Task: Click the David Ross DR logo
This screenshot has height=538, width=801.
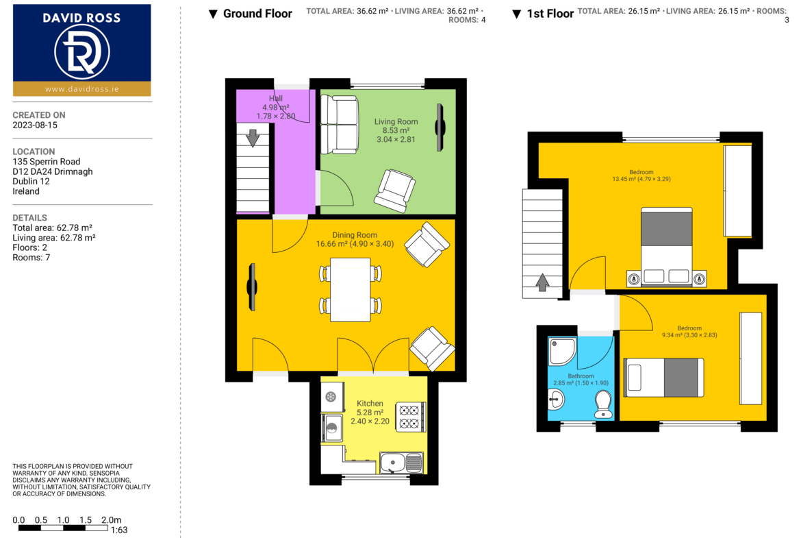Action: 81,51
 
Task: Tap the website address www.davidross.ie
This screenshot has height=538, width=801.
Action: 81,89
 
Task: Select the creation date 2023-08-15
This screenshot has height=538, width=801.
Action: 35,125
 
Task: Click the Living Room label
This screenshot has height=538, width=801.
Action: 396,122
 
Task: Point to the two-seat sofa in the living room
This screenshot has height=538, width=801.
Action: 339,124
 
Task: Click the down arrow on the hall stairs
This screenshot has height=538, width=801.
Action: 253,138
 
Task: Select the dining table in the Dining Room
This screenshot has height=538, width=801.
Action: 351,289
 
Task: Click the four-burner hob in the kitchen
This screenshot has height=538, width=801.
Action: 410,417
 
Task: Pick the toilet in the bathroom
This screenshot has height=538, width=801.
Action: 603,404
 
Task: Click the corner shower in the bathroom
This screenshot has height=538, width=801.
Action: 562,351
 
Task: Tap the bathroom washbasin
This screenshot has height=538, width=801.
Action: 556,399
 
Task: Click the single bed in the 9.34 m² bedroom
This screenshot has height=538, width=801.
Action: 664,378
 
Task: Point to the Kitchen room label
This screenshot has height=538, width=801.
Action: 370,404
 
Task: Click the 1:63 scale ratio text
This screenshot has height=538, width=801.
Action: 119,530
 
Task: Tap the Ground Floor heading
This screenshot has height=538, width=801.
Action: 257,14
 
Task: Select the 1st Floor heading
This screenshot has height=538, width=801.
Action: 550,14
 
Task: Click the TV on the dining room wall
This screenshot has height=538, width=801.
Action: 253,287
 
